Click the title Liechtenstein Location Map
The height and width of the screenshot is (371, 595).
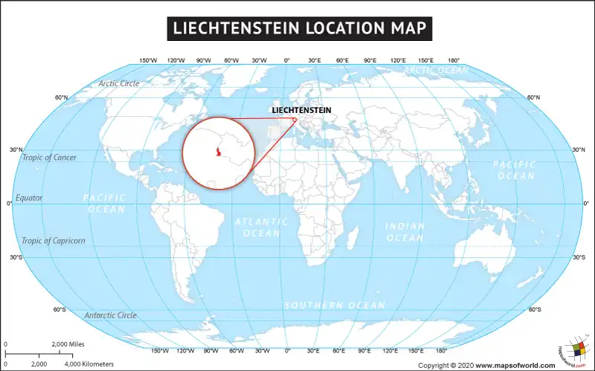click(297, 28)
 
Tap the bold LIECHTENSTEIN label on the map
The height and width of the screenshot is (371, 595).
click(302, 110)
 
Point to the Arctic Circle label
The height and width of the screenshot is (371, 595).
click(119, 83)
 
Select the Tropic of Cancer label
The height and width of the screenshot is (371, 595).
click(49, 158)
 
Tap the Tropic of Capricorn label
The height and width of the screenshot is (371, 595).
click(53, 241)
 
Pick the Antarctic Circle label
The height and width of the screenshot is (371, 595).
click(110, 315)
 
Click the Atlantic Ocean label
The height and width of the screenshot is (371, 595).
click(261, 228)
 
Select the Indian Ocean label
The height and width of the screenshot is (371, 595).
click(405, 232)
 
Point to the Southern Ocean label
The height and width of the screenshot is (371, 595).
click(335, 306)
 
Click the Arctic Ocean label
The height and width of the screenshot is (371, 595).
click(437, 71)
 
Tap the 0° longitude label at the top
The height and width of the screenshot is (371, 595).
click(287, 60)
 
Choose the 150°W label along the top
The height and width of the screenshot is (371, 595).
click(148, 60)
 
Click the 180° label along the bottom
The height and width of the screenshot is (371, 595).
click(441, 350)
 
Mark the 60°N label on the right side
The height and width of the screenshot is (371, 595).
click(533, 98)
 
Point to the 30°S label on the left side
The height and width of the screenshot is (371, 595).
click(16, 257)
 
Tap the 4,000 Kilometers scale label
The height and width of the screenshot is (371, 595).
click(89, 364)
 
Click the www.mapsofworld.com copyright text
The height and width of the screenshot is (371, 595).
click(515, 365)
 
